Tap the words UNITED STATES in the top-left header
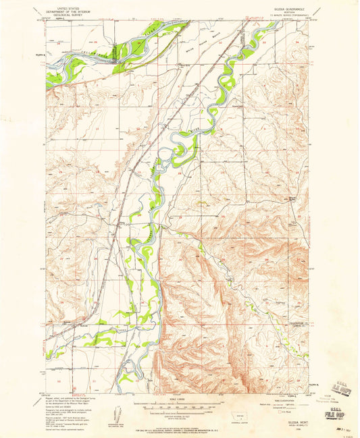point(70,4)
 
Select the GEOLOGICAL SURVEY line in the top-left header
point(70,11)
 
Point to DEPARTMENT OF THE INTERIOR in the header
point(70,7)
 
